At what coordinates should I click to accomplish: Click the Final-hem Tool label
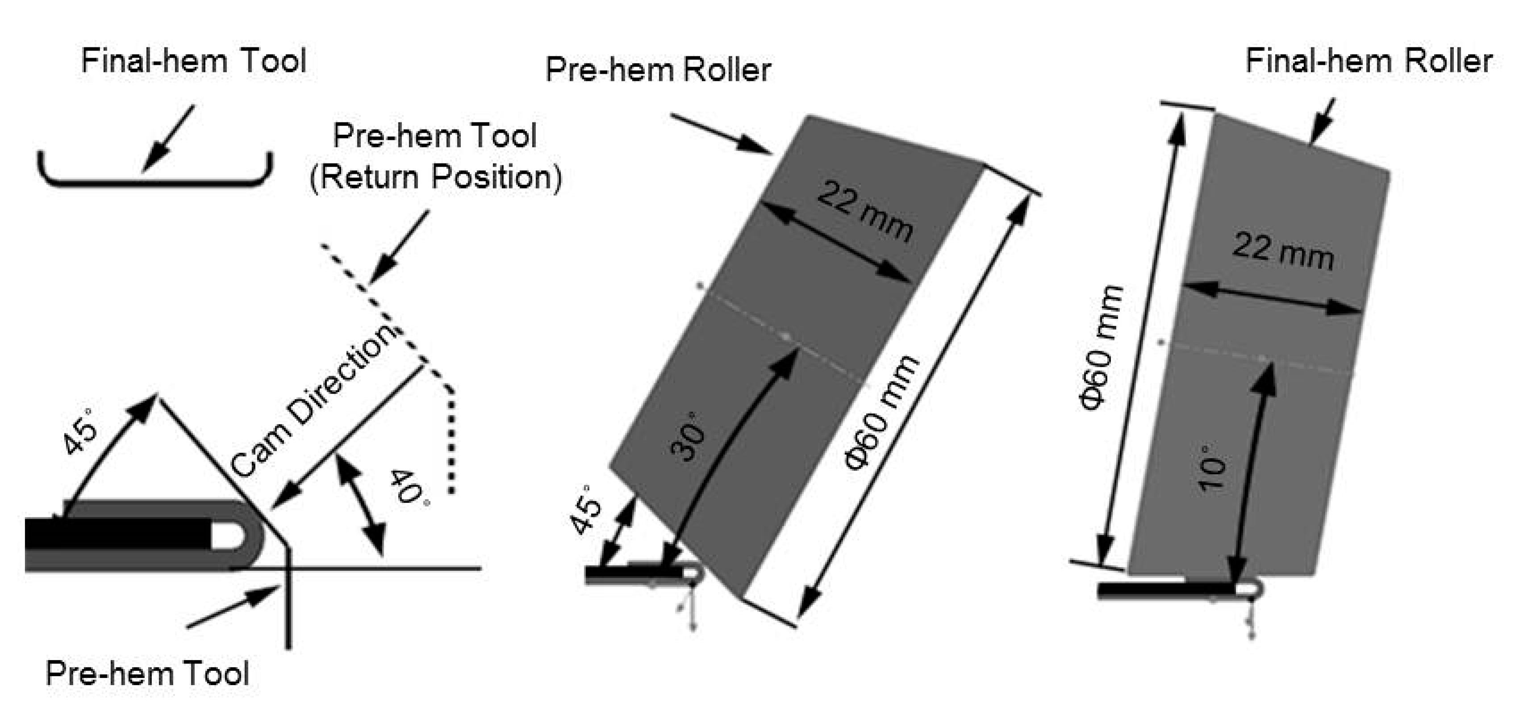(x=193, y=62)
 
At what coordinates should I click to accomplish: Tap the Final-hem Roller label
(x=1369, y=62)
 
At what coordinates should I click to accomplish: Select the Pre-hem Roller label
(x=658, y=71)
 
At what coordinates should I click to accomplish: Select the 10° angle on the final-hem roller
(x=1213, y=468)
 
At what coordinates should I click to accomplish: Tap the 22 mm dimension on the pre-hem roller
(x=864, y=211)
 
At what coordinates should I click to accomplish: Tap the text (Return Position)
(x=436, y=178)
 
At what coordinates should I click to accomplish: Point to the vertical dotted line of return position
(x=451, y=441)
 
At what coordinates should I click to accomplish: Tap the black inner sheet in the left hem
(x=119, y=534)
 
